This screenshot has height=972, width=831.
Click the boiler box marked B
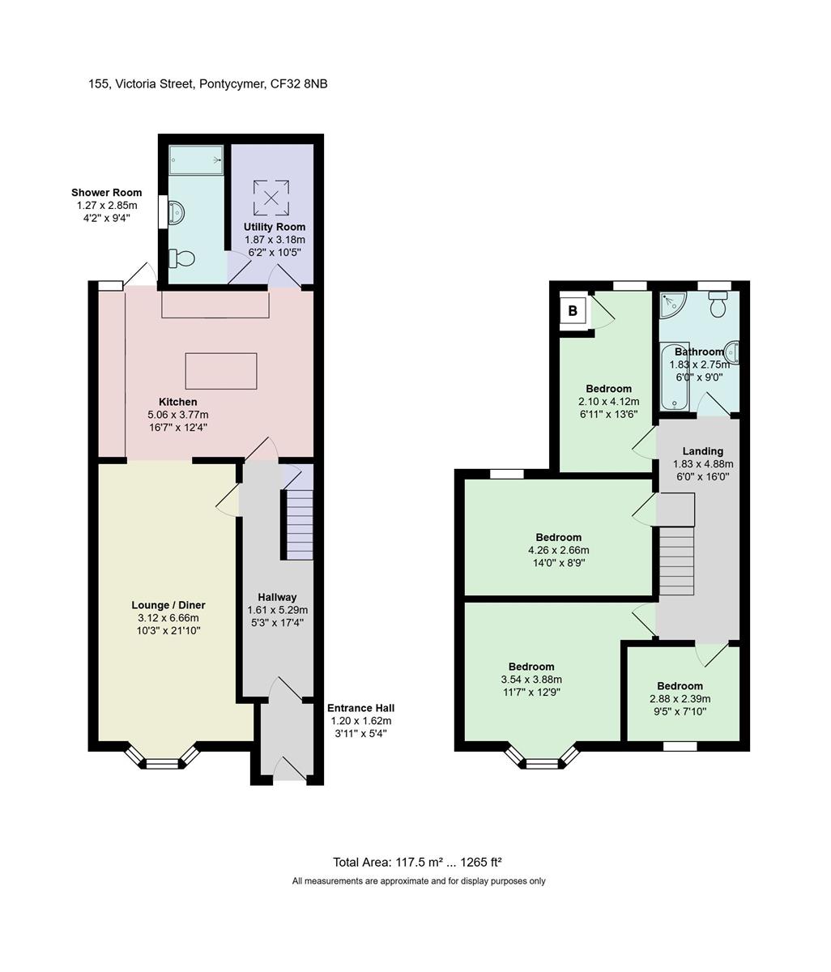pos(572,310)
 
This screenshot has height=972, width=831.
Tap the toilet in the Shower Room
pos(181,258)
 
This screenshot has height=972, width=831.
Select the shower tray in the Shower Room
pos(196,160)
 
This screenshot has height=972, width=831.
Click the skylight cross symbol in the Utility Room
pos(271,198)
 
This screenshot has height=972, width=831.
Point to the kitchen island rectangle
pos(220,371)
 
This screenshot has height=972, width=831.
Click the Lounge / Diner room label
pos(168,605)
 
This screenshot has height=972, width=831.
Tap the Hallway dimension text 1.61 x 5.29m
pos(278,610)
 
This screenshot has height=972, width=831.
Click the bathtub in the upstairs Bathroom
pos(675,377)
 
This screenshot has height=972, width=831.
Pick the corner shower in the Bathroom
pos(671,303)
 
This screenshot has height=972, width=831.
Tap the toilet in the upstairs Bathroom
pos(718,304)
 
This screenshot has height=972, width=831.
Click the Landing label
pos(702,451)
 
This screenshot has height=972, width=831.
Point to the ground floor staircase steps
pos(300,525)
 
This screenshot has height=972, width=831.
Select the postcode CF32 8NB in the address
pos(299,84)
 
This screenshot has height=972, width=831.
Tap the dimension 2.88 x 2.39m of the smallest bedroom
pos(680,699)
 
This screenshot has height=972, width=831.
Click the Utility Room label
pos(275,227)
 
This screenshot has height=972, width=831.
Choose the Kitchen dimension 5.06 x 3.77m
pos(177,415)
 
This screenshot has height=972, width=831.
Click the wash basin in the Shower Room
pos(176,211)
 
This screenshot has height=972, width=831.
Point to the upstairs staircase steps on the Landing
pos(676,561)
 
